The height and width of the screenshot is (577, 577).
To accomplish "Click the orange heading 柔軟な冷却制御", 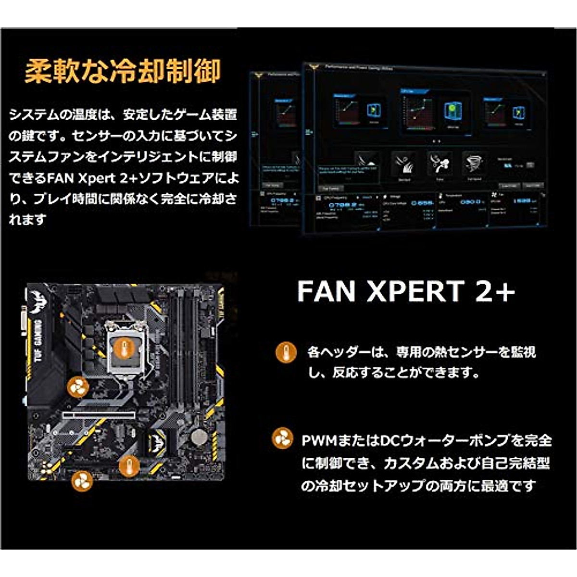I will click(123, 71).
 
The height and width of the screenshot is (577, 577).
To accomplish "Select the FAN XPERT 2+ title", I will click(406, 291).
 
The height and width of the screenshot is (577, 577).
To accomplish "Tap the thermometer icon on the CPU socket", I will click(125, 346).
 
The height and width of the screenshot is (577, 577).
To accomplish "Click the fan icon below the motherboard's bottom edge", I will click(82, 480).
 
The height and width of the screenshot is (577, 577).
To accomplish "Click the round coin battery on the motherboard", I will click(198, 437).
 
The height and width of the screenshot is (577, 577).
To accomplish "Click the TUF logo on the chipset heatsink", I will click(157, 438).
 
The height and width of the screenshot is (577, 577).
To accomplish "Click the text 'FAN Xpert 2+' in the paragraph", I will click(92, 178).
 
